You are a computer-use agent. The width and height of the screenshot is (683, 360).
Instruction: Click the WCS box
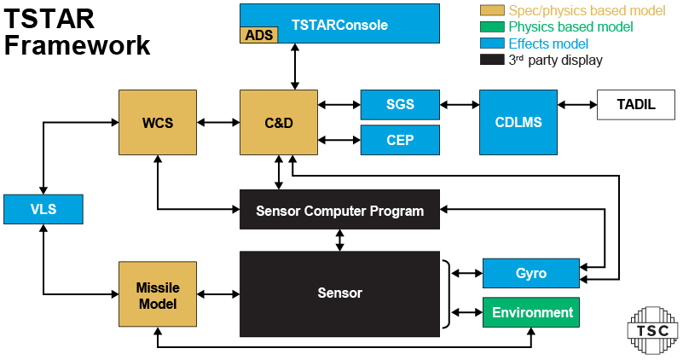(158, 123)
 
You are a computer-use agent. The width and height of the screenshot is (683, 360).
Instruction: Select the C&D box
(279, 123)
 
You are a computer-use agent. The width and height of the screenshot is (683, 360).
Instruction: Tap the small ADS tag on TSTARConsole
(258, 35)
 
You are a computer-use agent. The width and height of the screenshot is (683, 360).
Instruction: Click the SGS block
(400, 105)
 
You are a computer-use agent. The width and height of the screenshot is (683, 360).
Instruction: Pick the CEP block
(400, 140)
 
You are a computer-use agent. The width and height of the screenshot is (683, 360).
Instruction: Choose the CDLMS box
(518, 123)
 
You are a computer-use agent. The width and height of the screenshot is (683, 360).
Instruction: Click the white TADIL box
(636, 105)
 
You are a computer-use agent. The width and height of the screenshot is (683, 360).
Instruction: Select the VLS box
(43, 209)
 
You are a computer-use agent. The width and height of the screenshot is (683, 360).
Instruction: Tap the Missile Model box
(158, 294)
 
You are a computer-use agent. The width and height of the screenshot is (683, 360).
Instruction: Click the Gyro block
(531, 273)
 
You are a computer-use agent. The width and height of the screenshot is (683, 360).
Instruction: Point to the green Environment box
(531, 312)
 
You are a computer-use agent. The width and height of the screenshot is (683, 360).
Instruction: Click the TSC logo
(652, 330)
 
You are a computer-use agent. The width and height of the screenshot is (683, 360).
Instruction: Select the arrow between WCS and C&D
(218, 123)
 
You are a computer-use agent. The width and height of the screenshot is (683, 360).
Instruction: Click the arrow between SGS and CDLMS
(460, 105)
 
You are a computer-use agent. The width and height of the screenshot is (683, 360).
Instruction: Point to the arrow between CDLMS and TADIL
(577, 105)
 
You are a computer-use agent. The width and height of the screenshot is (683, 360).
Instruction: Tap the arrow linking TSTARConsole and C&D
(295, 67)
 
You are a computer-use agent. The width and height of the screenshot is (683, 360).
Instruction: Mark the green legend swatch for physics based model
(492, 26)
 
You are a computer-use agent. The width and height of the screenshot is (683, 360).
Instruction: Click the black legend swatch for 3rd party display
(492, 59)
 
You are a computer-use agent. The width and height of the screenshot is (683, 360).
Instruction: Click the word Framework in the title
(77, 45)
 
